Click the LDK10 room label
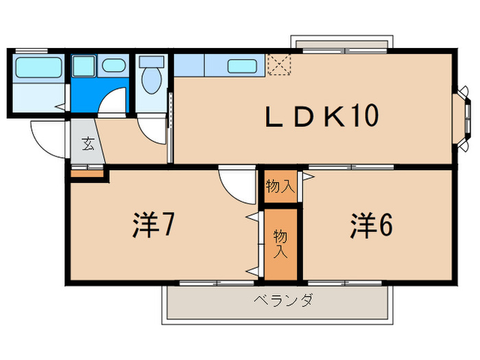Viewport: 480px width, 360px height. [x=322, y=117]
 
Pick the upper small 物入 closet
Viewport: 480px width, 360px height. [x=280, y=186]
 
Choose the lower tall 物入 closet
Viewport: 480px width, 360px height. [x=280, y=243]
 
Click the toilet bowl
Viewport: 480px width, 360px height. [x=151, y=80]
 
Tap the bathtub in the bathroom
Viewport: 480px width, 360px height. [x=38, y=68]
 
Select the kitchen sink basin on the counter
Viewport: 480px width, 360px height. [x=243, y=66]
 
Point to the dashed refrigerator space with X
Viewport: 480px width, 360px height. [x=279, y=64]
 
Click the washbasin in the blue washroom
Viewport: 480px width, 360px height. [x=114, y=66]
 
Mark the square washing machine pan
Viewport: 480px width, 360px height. [x=85, y=66]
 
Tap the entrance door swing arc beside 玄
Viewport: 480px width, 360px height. [x=48, y=138]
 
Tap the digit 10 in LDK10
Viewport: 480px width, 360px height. [x=365, y=117]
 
